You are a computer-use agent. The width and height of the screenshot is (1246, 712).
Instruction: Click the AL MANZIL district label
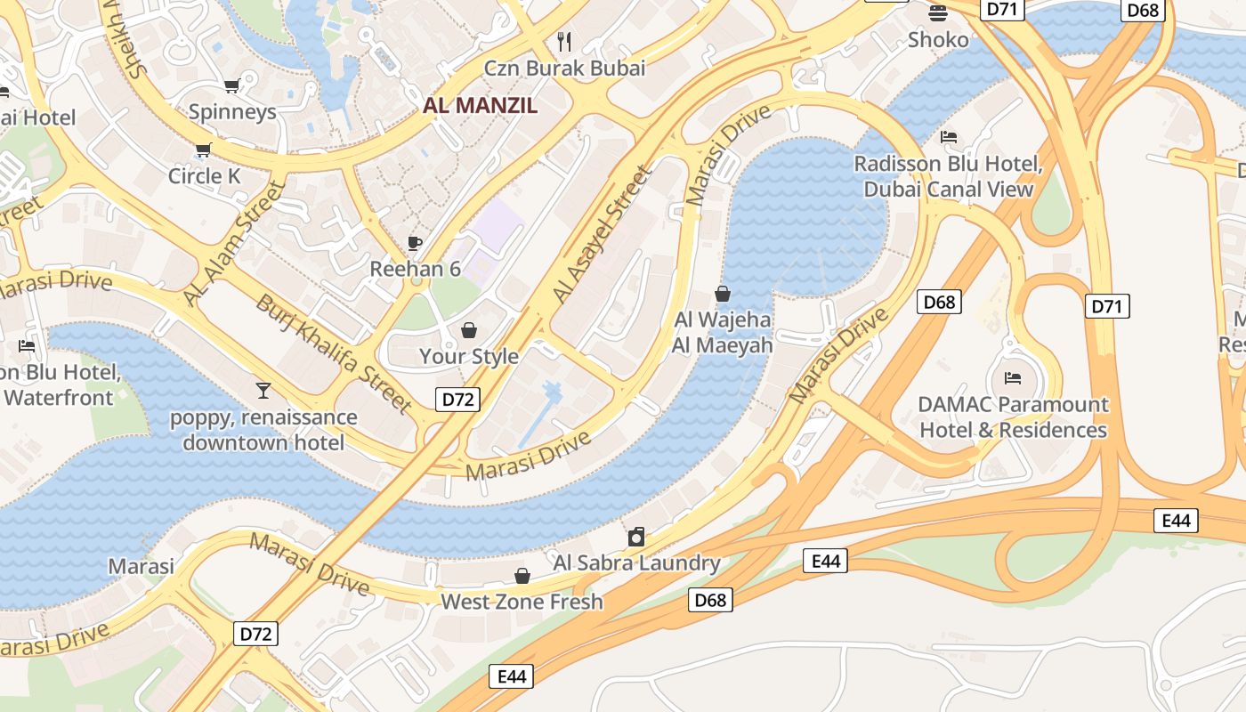coord(480,105)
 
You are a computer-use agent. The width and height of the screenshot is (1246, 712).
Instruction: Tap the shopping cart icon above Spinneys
coord(231,86)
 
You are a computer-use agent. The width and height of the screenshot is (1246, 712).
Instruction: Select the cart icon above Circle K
coord(204,150)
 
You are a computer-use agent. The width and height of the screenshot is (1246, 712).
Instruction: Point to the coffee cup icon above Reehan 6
coord(414,243)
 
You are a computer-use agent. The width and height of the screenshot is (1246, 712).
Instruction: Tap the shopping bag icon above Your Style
coord(469,331)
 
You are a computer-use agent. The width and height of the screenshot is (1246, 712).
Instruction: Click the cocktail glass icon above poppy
coord(263,390)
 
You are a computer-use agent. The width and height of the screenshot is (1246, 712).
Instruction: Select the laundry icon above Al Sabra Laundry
coord(636,537)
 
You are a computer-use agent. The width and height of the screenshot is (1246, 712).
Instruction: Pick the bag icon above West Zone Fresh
coord(522,576)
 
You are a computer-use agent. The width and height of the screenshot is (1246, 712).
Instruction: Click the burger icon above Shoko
coord(938,12)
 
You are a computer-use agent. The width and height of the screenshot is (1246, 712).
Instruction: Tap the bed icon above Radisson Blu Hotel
coord(949,137)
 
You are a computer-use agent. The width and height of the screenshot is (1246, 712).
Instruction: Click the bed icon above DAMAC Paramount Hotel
coord(1013,378)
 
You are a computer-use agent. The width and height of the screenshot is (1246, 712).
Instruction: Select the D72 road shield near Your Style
coord(457,400)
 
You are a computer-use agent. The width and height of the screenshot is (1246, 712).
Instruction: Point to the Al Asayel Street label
coord(603,234)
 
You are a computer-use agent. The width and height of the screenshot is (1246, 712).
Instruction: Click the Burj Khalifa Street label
coord(334,353)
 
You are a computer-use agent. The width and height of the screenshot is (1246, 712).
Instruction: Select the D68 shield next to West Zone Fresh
coord(709,600)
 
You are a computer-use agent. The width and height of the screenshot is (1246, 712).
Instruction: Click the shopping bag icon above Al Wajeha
coord(723,294)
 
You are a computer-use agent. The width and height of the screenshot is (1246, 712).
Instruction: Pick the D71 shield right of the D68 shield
coord(1106,306)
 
